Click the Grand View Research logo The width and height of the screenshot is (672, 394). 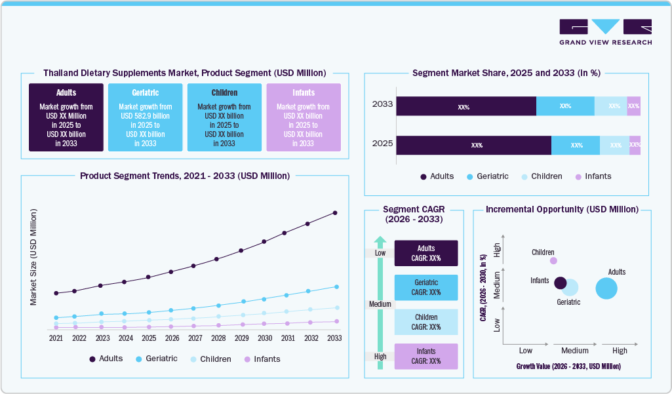pos(605,31)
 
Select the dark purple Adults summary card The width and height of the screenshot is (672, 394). pos(66,117)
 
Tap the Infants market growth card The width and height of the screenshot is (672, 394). pos(303,117)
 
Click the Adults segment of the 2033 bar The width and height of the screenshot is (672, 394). pos(465,106)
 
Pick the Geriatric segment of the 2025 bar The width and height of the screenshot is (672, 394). pos(576,146)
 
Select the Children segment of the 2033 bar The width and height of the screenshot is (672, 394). pos(611,106)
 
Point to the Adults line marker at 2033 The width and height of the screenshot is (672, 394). pos(335,212)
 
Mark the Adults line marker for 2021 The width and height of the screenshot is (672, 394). pos(56,293)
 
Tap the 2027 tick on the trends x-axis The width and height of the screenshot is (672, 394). pos(195,338)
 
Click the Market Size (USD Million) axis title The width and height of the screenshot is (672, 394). pos(33,257)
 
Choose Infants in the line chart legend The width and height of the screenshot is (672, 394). pos(262,359)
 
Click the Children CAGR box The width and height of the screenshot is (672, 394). pos(426,322)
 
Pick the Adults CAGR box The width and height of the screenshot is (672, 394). pos(426,253)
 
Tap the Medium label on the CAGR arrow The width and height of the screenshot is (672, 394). pos(380,304)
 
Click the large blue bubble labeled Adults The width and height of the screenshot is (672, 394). pos(606,288)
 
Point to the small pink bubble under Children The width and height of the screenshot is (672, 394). pos(553,260)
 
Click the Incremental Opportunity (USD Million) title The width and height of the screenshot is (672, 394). pos(562,210)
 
